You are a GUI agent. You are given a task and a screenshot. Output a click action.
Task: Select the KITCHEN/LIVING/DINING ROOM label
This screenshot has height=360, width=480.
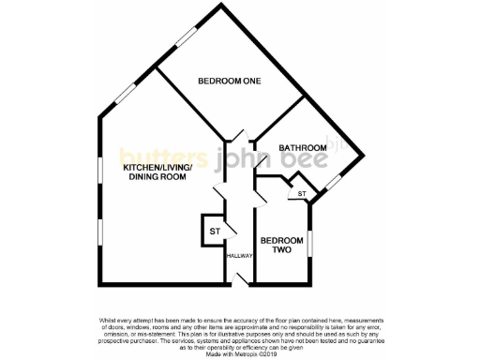click(157, 172)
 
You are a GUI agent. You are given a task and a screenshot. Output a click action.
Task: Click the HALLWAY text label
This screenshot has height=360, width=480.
click(238, 255)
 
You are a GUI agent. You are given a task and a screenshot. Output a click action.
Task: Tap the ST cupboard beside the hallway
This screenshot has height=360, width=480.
click(214, 231)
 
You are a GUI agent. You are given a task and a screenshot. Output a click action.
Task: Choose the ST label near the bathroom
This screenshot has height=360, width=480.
click(302, 194)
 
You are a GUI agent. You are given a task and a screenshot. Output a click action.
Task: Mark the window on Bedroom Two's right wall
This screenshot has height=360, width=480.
click(310, 246)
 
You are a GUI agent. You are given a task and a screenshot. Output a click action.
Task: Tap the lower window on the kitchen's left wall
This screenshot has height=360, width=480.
click(98, 232)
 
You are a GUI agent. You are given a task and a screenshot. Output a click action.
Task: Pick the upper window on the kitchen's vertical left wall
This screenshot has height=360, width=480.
click(98, 170)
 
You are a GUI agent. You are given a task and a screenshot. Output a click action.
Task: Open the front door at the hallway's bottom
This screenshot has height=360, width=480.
click(240, 277)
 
